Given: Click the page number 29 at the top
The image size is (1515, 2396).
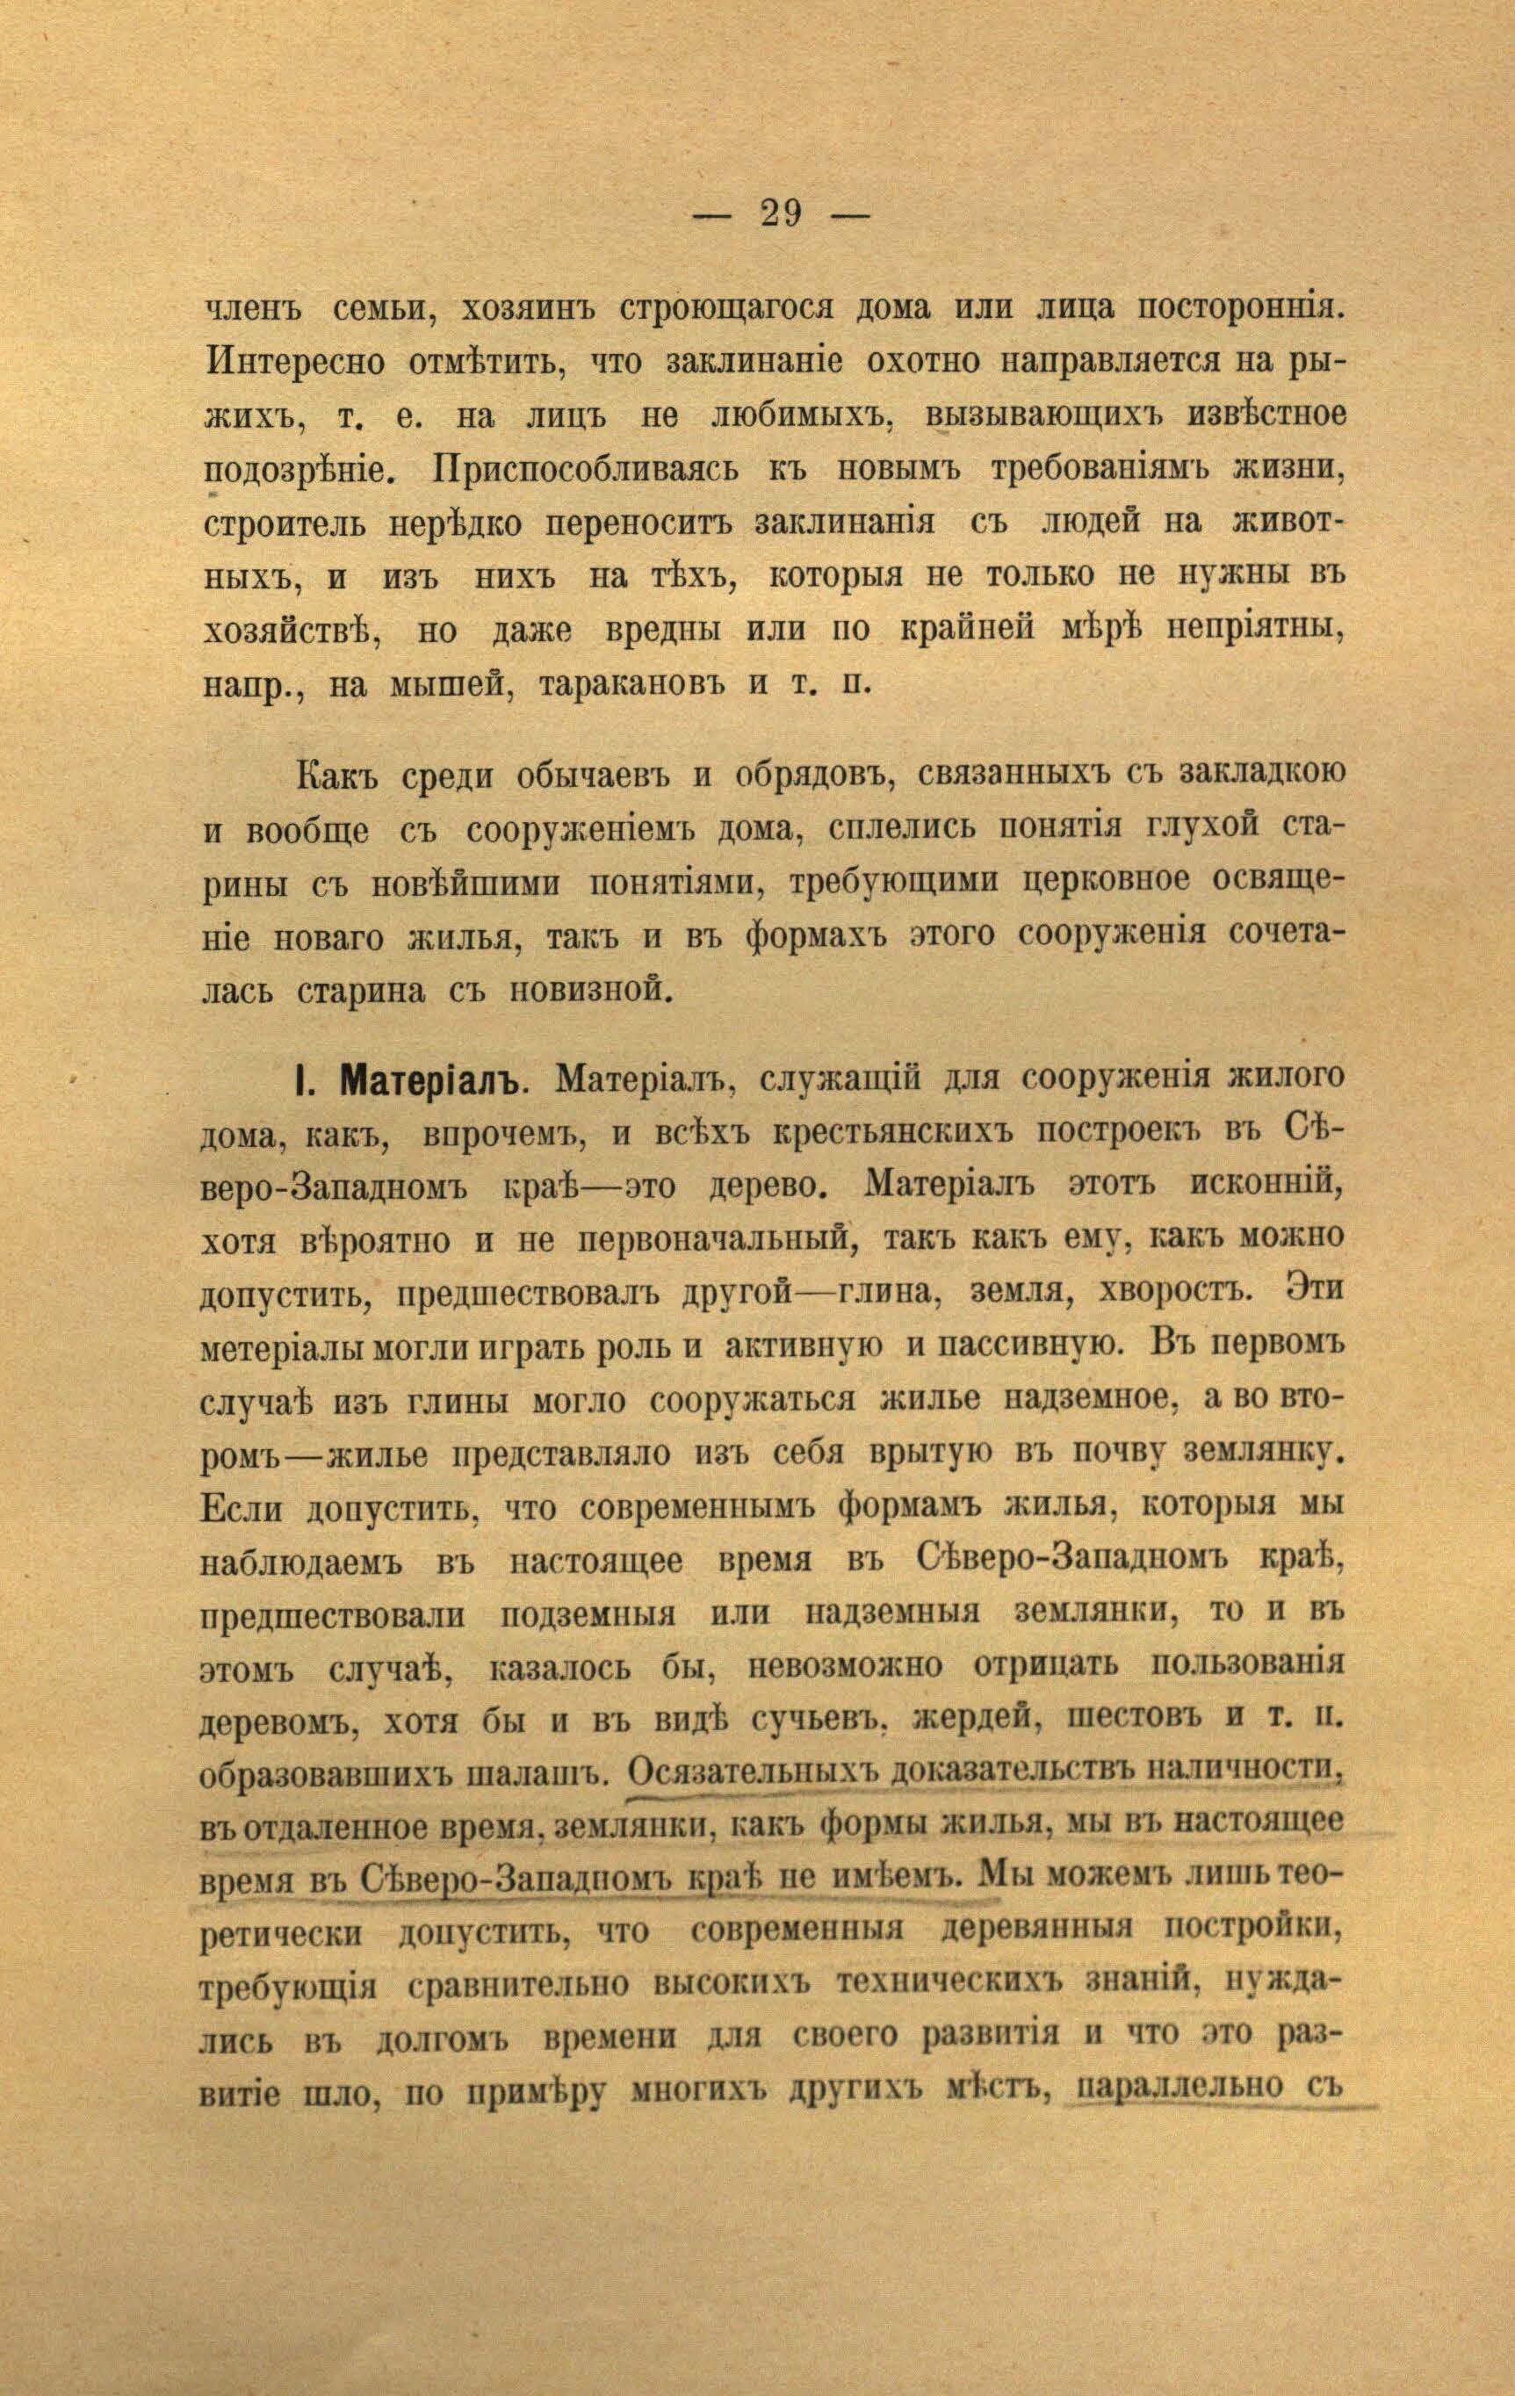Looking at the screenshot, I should click(781, 214).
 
